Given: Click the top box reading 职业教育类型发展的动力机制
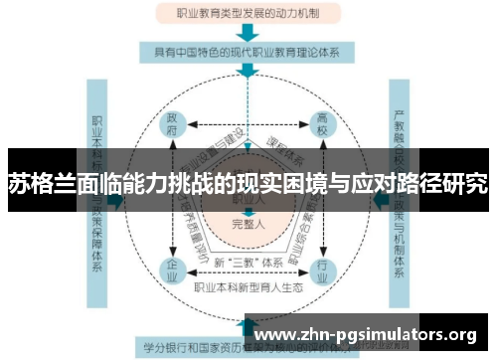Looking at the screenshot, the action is [248, 14].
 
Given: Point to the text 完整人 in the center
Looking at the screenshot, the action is [248, 223].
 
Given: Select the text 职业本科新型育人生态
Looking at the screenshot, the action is [248, 288].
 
